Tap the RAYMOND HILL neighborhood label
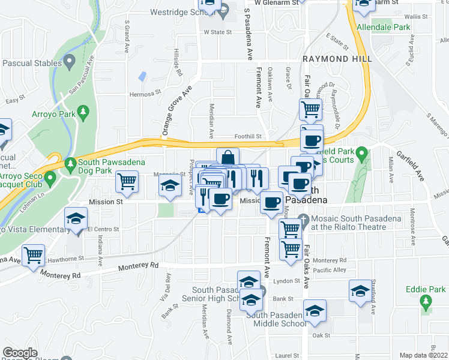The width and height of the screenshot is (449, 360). [x=337, y=59]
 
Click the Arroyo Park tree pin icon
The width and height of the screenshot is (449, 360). [x=83, y=111]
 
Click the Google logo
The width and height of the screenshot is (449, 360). [x=20, y=353]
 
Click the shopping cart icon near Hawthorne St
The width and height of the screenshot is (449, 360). [x=34, y=255]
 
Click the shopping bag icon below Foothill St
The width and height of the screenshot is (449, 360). [x=228, y=158]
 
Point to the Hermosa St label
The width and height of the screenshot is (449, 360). [x=146, y=94]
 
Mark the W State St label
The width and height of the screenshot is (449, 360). [x=217, y=32]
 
